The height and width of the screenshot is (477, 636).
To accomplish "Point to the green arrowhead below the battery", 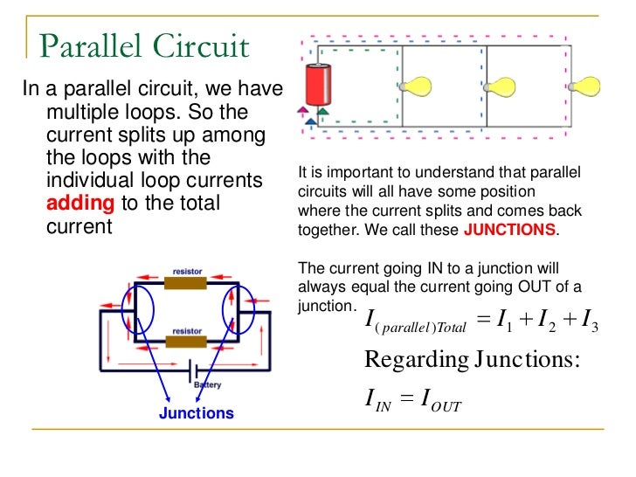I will pos(323,112).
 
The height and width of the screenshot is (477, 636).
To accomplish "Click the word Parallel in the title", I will pos(87,45).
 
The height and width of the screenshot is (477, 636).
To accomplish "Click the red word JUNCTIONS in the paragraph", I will pos(509,231).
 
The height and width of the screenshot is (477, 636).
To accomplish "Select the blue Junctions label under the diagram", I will pos(197,413).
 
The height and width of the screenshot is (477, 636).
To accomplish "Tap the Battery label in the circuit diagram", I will pos(208,384).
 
